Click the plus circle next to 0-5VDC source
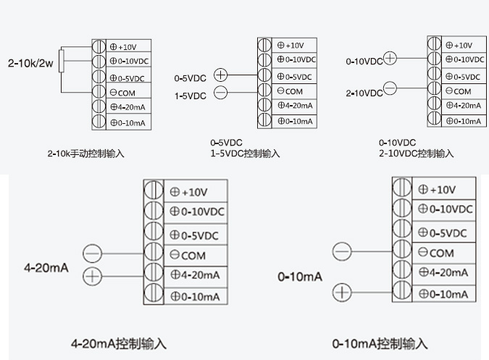pyautogui.click(x=221, y=75)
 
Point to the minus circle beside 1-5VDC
pyautogui.click(x=221, y=92)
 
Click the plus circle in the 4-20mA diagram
pyautogui.click(x=93, y=275)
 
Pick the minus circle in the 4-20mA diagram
pyautogui.click(x=93, y=254)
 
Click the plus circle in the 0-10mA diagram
pyautogui.click(x=342, y=293)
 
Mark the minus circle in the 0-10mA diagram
pyautogui.click(x=342, y=252)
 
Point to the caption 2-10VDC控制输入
pyautogui.click(x=416, y=154)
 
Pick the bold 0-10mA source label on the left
pyautogui.click(x=300, y=277)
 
